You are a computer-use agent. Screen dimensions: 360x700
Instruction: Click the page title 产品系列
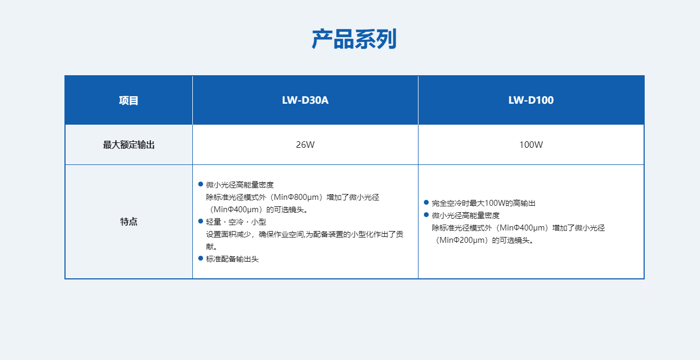pyautogui.click(x=354, y=40)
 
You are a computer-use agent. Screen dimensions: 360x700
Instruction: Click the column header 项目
pyautogui.click(x=129, y=100)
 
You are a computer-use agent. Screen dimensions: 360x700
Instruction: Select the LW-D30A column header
pyautogui.click(x=305, y=100)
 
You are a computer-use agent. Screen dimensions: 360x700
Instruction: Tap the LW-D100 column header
pyautogui.click(x=531, y=100)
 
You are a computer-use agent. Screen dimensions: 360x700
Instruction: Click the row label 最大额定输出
pyautogui.click(x=129, y=145)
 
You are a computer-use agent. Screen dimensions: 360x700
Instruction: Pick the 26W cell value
pyautogui.click(x=305, y=145)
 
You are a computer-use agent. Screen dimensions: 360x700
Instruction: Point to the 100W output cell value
pyautogui.click(x=531, y=145)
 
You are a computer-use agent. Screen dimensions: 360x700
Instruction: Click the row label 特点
pyautogui.click(x=129, y=221)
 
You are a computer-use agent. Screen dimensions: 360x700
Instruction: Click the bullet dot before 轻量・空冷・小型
pyautogui.click(x=201, y=221)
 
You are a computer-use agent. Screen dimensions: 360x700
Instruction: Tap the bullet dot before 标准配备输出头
pyautogui.click(x=201, y=258)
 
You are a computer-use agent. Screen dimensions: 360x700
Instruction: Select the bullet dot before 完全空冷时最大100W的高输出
pyautogui.click(x=427, y=203)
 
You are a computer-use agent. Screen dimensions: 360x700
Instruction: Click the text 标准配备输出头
pyautogui.click(x=232, y=259)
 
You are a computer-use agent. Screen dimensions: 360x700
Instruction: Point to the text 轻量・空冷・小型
pyautogui.click(x=236, y=222)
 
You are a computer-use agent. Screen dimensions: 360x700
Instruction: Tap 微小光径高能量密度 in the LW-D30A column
pyautogui.click(x=240, y=185)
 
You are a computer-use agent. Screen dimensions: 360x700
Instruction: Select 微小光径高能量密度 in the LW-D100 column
pyautogui.click(x=465, y=215)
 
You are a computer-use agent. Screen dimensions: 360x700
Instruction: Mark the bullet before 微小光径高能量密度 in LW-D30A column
pyautogui.click(x=201, y=184)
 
